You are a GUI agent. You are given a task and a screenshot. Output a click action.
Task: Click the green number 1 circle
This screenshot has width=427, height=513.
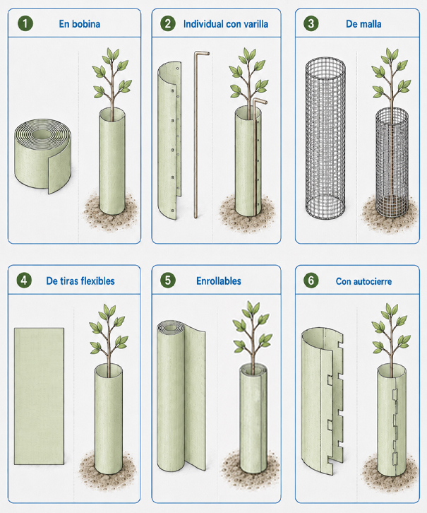click(25, 23)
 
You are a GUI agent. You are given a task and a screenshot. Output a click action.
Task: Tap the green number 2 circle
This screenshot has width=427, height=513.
click(168, 23)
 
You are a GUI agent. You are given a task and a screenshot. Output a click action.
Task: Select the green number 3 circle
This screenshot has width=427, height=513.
click(311, 23)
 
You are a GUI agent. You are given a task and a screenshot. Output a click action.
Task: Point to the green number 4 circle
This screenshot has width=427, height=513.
click(24, 281)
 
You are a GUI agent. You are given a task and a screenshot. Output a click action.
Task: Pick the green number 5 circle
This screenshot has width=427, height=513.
click(168, 281)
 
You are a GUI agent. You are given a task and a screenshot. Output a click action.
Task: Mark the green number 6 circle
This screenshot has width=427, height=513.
click(311, 281)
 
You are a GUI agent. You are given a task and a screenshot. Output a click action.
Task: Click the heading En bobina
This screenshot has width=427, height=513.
click(79, 24)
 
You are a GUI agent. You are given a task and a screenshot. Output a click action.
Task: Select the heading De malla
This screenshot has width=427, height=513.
click(363, 24)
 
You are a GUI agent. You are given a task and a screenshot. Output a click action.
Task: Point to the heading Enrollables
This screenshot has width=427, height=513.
click(219, 281)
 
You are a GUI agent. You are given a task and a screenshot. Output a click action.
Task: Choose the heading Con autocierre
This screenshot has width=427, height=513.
click(363, 281)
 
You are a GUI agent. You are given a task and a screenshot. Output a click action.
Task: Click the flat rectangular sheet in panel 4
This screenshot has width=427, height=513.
click(39, 396)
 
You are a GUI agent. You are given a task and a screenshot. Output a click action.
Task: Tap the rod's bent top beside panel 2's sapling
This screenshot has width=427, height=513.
click(260, 101)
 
